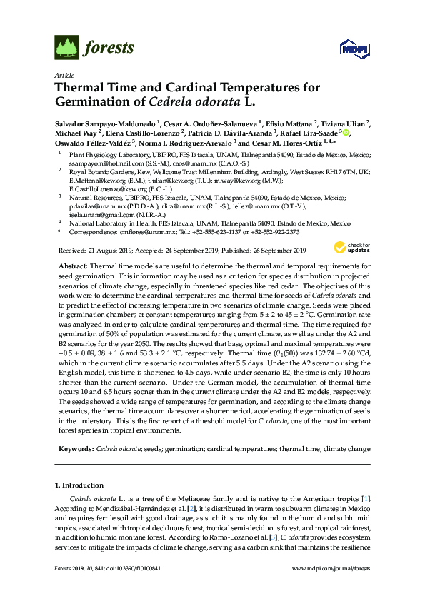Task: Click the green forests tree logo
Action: point(65,48)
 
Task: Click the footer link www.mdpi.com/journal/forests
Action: point(331,587)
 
